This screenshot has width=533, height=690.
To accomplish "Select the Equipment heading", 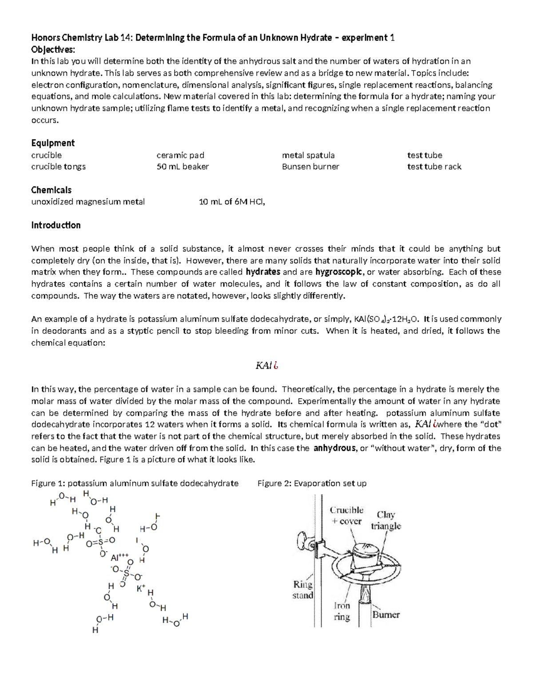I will pos(53,143).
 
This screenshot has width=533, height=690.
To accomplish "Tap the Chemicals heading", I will pos(51,190).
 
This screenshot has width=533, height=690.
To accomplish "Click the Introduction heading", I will pos(56,225).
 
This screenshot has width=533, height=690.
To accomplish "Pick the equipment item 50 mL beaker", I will pos(183,167).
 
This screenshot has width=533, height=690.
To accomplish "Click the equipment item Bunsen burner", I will pos(310,167).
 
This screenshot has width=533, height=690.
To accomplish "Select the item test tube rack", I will pos(434,167).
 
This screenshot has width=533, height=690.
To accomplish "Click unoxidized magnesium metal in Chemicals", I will pos(88,202).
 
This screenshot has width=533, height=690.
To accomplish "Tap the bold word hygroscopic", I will pos(342,272).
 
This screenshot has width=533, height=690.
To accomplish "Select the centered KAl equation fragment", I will pos(266,366).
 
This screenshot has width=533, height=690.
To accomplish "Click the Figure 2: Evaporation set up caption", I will pos(312,483).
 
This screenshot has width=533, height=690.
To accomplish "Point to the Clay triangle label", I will pos(386,520).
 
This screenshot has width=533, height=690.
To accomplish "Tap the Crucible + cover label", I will pos(346,515).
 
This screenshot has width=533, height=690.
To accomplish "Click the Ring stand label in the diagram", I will pos(303,590).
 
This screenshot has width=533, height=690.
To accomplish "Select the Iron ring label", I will pos(342,611).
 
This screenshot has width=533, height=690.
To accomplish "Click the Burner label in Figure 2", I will pos(386,615).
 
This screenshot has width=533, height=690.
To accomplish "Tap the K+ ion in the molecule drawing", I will pos(141,588).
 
